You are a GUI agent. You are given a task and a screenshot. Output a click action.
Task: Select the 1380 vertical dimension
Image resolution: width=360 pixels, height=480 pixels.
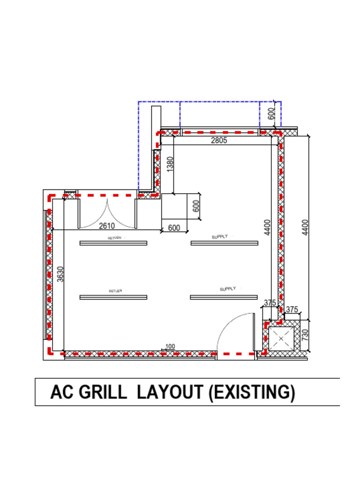tap(170, 164)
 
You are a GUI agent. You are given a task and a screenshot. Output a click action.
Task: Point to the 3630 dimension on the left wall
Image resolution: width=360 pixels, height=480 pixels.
tap(60, 274)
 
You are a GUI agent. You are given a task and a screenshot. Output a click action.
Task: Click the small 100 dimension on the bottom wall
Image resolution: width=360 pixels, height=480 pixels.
tap(170, 346)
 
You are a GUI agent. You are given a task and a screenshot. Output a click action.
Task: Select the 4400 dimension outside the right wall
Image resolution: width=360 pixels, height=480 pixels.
tap(305, 228)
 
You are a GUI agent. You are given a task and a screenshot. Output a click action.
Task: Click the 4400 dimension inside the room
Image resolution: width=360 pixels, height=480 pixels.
tap(267, 228)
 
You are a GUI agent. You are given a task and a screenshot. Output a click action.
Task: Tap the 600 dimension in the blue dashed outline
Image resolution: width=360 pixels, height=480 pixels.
tap(271, 114)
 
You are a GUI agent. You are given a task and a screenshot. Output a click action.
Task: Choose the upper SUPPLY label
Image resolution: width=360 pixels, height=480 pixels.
tap(219, 237)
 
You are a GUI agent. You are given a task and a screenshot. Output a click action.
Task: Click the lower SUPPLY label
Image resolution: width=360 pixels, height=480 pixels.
tap(228, 289)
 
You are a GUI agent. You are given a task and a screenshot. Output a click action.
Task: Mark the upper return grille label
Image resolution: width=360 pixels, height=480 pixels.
tap(115, 238)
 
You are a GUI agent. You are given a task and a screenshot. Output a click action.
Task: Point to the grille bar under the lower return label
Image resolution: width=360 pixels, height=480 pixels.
tap(113, 297)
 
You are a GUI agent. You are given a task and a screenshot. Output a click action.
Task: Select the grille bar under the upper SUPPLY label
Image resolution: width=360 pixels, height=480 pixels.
tap(224, 243)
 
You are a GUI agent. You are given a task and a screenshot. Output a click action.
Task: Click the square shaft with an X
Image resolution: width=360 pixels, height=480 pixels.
tap(281, 338)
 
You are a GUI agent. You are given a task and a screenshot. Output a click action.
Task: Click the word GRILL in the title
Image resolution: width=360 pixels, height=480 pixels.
tap(103, 392)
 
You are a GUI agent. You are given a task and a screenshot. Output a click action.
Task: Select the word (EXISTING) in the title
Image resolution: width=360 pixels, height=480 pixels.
tap(252, 392)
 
